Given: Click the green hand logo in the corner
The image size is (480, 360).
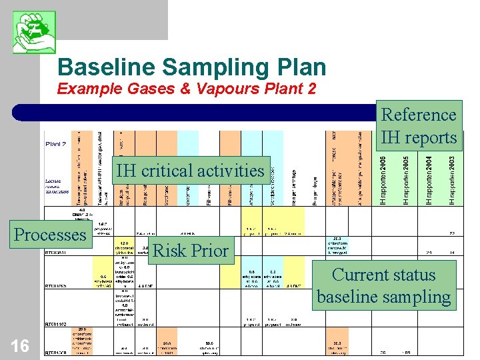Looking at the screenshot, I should (34, 33).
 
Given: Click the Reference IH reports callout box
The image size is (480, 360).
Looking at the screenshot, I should (419, 126).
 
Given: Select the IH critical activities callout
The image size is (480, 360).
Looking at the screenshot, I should (190, 171).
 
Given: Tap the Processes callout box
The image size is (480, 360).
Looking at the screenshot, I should (50, 235).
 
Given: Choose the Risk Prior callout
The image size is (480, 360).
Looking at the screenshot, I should (191, 250).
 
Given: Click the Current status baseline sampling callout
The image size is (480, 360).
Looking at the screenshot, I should (384, 285).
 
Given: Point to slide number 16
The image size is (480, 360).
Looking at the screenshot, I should (20, 345).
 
